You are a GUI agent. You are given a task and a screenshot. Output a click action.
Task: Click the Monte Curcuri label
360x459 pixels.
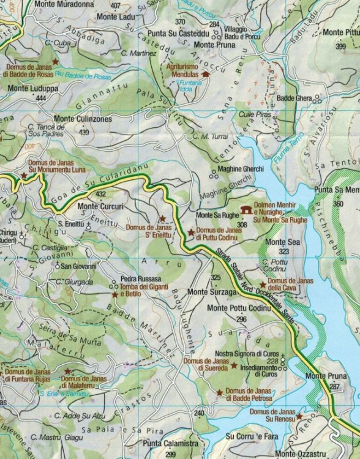pyautogui.click(x=100, y=206)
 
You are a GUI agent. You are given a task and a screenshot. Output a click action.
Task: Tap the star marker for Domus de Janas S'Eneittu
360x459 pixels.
pyautogui.click(x=162, y=218)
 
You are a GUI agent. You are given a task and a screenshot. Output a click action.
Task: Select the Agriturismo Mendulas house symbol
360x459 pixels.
pyautogui.click(x=206, y=74)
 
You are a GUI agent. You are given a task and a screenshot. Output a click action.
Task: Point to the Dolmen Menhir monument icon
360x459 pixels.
pyautogui.click(x=247, y=210)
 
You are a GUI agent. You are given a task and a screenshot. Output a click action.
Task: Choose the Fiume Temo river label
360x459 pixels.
pyautogui.click(x=288, y=151)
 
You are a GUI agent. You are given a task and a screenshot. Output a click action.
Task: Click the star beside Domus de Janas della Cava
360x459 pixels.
pyautogui.click(x=263, y=285)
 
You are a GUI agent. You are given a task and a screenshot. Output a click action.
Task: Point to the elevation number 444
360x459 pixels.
pyautogui.click(x=42, y=98)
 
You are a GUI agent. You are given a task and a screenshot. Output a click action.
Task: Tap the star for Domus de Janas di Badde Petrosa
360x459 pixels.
pyautogui.click(x=219, y=392)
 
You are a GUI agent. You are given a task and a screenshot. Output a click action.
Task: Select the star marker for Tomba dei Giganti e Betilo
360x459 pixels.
pyautogui.click(x=114, y=294)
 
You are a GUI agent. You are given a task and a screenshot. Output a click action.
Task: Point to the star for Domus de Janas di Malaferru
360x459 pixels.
pyautogui.click(x=67, y=371)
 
